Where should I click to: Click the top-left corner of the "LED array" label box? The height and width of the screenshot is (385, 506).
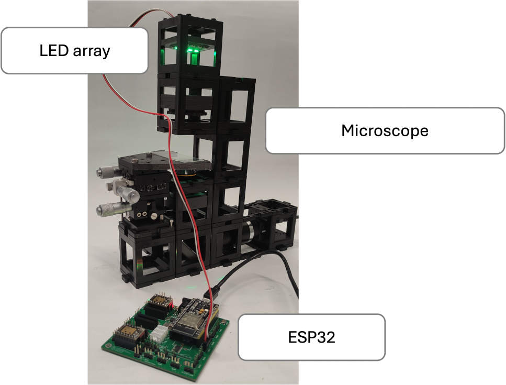tap(1, 28)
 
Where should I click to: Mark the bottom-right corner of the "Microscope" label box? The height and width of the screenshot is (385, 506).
tap(505, 153)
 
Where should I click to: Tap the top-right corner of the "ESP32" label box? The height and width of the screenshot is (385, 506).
tap(385, 314)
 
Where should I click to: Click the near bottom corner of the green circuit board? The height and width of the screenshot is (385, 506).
tap(193, 382)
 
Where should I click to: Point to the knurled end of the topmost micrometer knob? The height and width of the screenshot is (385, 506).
tap(100, 171)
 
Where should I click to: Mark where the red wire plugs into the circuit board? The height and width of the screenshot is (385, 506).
tap(207, 339)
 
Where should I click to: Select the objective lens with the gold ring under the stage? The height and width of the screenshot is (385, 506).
tap(186, 174)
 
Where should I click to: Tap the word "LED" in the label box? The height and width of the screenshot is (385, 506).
tap(54, 51)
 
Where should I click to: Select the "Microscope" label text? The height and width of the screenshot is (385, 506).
tap(385, 131)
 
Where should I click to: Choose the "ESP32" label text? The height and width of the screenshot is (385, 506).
tap(311, 337)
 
